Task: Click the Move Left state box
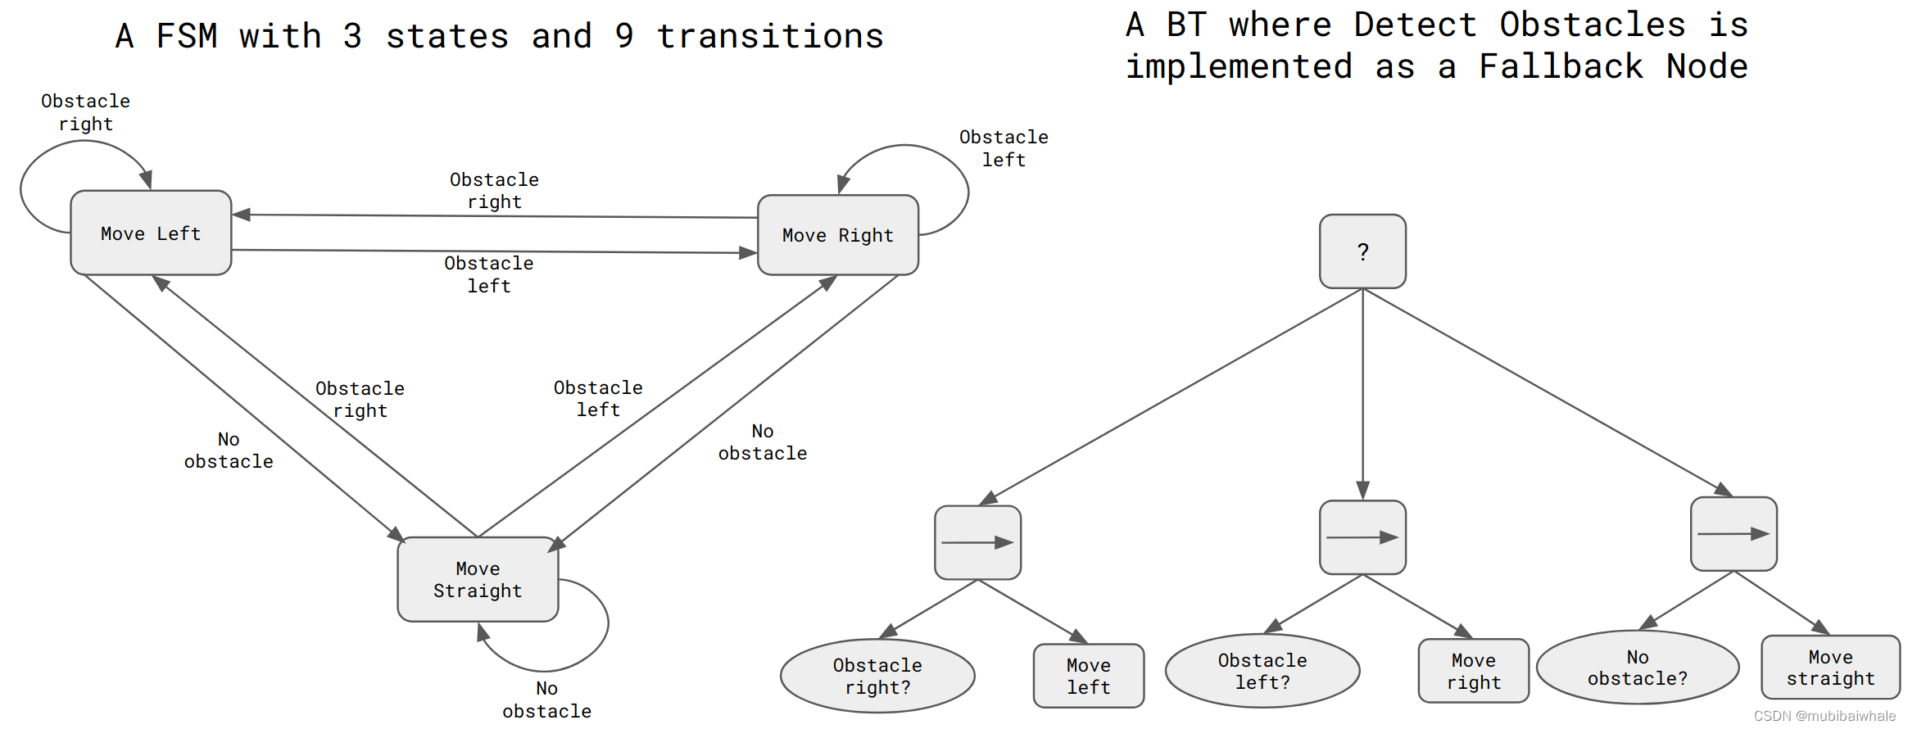point(151,233)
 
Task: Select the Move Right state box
point(837,235)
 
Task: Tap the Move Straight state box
point(478,579)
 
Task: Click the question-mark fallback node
point(1362,251)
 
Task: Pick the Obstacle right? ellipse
point(877,676)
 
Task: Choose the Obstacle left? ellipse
point(1262,671)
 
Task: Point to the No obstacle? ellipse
point(1637,668)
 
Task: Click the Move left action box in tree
point(1088,676)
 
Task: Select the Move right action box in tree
point(1473,671)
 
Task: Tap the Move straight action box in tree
point(1830,668)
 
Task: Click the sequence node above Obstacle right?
point(977,542)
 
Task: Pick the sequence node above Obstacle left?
point(1362,537)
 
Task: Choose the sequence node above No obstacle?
point(1734,534)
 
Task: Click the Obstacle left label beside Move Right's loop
point(1004,148)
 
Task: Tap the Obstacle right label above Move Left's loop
point(85,112)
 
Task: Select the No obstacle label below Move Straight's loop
point(546,700)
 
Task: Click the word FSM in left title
point(187,36)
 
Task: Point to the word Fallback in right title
point(1561,66)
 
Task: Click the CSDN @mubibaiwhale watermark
point(1824,716)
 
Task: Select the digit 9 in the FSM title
point(624,36)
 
